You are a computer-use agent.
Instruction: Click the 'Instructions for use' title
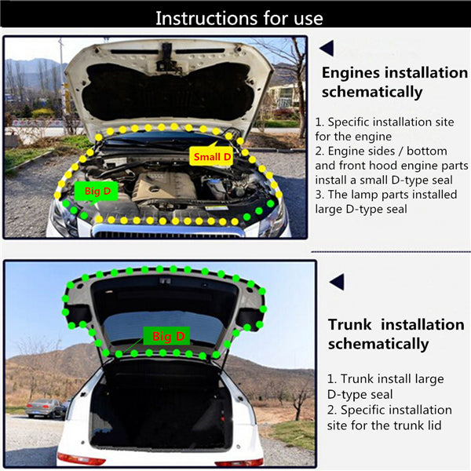tap(239, 18)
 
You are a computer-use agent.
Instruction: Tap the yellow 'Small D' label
tap(211, 156)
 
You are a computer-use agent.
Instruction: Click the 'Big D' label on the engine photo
tap(96, 191)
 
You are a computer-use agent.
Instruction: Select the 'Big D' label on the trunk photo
tap(166, 336)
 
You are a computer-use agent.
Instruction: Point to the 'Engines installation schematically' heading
tap(394, 82)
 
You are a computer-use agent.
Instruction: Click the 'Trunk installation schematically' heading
tap(396, 334)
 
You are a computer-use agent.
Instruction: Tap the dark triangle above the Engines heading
tap(327, 48)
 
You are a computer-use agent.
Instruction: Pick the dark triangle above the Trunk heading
tap(337, 282)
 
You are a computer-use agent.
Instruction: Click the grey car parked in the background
tap(45, 408)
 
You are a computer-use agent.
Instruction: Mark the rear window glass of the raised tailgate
tap(165, 328)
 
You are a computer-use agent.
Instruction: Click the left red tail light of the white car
tap(78, 459)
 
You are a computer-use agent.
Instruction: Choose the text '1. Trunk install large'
tap(385, 379)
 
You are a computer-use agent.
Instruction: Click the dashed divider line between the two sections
tap(391, 252)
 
